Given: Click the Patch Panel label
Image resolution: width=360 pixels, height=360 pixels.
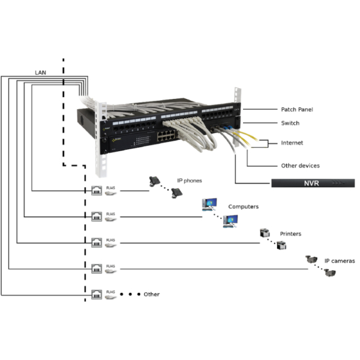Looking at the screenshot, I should click(x=296, y=110).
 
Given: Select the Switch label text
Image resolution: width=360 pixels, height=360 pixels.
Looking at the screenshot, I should click(x=290, y=124).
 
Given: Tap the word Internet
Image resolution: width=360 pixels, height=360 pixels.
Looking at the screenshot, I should click(x=292, y=143).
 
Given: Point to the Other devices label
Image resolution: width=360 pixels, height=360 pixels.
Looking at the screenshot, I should click(x=300, y=166).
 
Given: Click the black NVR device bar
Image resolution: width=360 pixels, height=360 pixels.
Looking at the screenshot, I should click(x=312, y=182).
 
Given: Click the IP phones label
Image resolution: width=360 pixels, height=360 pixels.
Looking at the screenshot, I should click(x=189, y=180).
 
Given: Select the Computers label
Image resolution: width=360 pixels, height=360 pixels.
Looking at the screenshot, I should click(x=243, y=206).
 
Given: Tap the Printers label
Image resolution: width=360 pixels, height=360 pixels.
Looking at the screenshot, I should click(x=290, y=234).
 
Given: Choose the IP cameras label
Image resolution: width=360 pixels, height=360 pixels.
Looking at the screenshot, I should click(x=340, y=261).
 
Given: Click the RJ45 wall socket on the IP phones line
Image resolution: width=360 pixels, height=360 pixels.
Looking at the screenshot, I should click(x=96, y=191).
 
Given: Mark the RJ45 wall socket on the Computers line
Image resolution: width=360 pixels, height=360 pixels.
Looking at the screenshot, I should click(x=96, y=216).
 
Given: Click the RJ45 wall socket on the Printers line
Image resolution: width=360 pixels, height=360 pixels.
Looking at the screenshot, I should click(x=96, y=242).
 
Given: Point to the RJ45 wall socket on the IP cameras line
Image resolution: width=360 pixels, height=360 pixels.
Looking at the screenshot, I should click(x=96, y=268).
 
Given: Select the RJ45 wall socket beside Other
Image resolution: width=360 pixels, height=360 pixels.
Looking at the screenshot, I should click(x=96, y=294).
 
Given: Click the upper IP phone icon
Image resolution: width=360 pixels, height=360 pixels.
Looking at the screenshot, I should click(x=154, y=180).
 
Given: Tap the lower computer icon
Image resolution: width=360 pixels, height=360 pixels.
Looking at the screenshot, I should click(x=229, y=221).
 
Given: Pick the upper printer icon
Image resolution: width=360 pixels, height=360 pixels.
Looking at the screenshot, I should click(x=263, y=233).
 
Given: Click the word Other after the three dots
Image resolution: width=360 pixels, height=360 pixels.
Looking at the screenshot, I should click(x=151, y=295).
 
